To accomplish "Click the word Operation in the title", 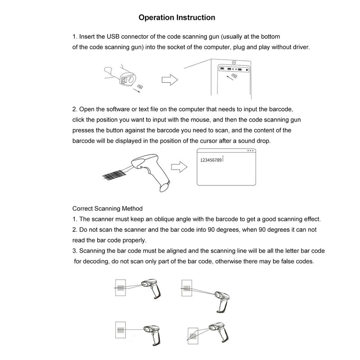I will (154, 18).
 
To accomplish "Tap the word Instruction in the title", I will (194, 18).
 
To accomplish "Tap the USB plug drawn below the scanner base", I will (140, 86).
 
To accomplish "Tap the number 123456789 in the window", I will (211, 159).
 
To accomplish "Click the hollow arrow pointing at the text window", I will (181, 166).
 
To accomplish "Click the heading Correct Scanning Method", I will (108, 209).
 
